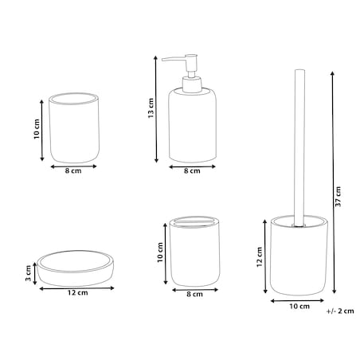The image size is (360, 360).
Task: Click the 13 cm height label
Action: pos(151,108)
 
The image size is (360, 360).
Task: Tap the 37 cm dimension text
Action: pos(338,197)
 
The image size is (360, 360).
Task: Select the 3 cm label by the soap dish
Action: pos(28,273)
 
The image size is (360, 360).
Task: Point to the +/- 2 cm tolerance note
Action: pos(340,311)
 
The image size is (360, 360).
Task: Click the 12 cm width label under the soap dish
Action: pos(77,292)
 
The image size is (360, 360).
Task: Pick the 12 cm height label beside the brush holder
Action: pos(260,257)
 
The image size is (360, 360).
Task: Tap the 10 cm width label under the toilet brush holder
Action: pos(299,306)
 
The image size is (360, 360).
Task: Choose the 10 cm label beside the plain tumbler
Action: pos(37,129)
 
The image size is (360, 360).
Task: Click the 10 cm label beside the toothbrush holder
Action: pos(160,252)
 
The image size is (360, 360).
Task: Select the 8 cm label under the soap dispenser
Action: pos(192,170)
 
